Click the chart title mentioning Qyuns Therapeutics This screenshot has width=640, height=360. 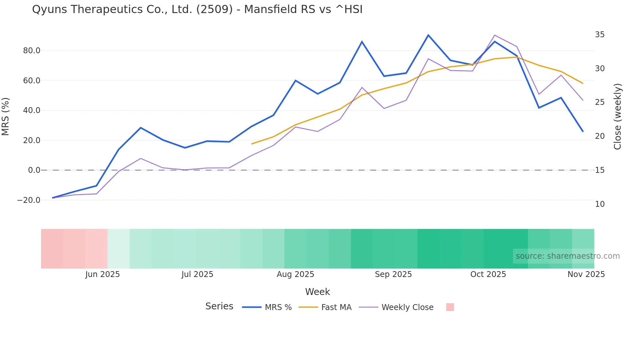(x=197, y=9)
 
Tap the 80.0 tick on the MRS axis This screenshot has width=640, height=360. (x=32, y=51)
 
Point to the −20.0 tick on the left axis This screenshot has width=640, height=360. (x=29, y=200)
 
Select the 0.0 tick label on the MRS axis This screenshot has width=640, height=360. (x=34, y=170)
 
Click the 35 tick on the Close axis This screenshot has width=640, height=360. (x=600, y=35)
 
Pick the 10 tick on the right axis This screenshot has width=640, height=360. (x=600, y=204)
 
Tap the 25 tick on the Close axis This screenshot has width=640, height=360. (x=600, y=103)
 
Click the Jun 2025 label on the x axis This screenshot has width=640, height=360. (x=103, y=274)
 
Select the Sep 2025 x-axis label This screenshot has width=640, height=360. (x=393, y=274)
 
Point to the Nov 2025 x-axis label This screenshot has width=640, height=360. (x=586, y=274)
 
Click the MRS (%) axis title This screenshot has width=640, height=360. (x=6, y=116)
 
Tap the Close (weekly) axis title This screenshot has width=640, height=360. (x=617, y=117)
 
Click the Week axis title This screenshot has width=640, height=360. (x=317, y=292)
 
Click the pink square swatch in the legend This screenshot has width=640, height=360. (x=450, y=307)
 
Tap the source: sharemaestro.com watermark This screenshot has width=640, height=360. (x=568, y=256)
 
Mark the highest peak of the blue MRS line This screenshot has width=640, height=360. (x=428, y=35)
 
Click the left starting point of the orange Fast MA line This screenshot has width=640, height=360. (x=251, y=144)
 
